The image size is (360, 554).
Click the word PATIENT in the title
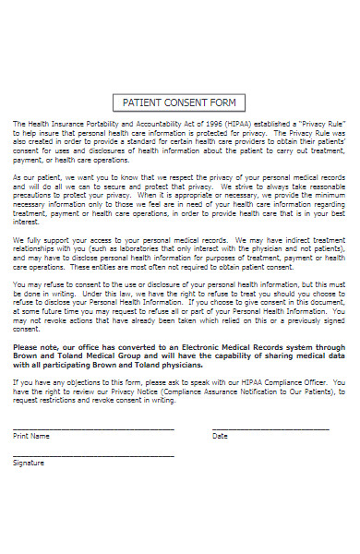(x=143, y=102)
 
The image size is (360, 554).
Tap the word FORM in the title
(x=221, y=102)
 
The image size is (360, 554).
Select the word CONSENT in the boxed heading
(x=184, y=102)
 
